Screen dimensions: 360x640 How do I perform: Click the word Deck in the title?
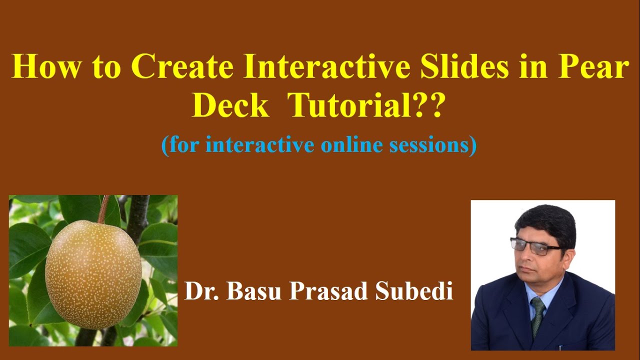point(230,106)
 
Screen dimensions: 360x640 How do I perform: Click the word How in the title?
point(44,68)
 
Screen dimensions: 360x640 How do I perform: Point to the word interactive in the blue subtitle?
point(259,145)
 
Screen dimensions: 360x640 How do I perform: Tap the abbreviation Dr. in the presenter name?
point(201,291)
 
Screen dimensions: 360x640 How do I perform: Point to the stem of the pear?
point(103,208)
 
